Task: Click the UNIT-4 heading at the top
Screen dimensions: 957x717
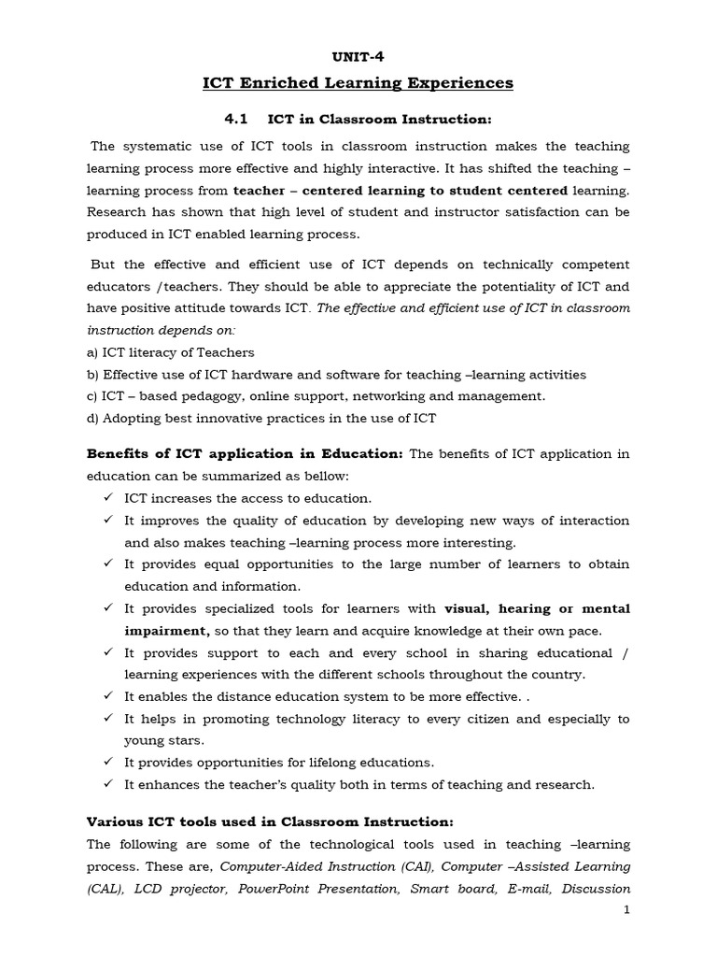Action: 358,56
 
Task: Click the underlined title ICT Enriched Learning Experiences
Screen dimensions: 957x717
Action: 358,83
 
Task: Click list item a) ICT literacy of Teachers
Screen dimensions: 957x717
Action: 170,352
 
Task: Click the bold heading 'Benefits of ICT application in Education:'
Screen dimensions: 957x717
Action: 245,454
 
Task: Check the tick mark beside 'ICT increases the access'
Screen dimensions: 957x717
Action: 108,498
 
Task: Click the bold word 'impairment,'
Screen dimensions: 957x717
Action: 166,631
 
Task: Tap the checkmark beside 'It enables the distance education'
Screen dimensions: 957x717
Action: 108,696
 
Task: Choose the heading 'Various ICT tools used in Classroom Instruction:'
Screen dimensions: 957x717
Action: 270,821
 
